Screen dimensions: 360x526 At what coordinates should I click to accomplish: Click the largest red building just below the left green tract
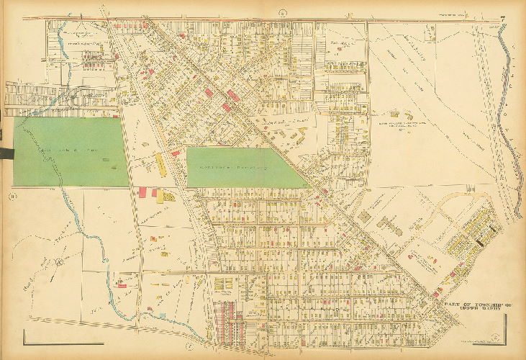click(142, 192)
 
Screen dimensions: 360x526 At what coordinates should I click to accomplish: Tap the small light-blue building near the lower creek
click(162, 315)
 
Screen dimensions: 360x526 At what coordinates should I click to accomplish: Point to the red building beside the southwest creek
click(122, 286)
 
